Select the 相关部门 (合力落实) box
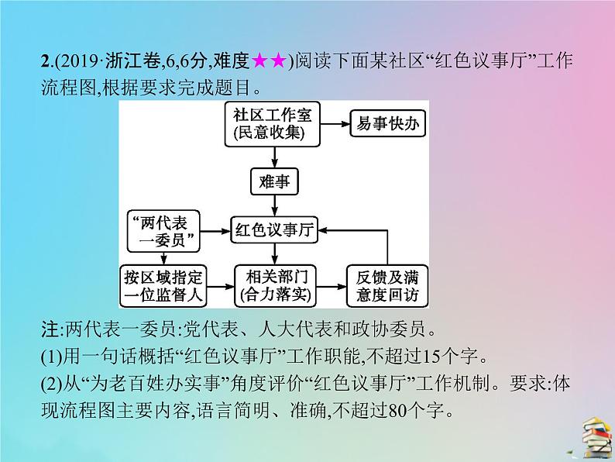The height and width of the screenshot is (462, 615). pyautogui.click(x=274, y=283)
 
